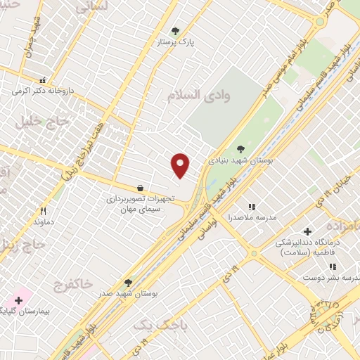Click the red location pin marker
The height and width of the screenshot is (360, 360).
(x=181, y=165)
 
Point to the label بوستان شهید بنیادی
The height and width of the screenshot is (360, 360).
(x=240, y=160)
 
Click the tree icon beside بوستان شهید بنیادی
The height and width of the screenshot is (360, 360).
(x=241, y=148)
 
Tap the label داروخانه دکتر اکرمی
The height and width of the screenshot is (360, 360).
(x=42, y=91)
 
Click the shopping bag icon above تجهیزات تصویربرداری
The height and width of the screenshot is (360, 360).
(x=141, y=188)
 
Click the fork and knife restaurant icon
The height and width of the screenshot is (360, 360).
(x=43, y=211)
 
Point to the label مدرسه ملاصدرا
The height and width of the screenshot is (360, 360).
(x=253, y=218)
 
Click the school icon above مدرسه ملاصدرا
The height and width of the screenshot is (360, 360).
(x=251, y=207)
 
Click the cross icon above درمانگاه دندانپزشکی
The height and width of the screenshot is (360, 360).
(x=307, y=231)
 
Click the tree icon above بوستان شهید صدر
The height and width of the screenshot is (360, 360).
(x=127, y=282)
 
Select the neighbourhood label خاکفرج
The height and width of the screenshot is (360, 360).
(x=72, y=284)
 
